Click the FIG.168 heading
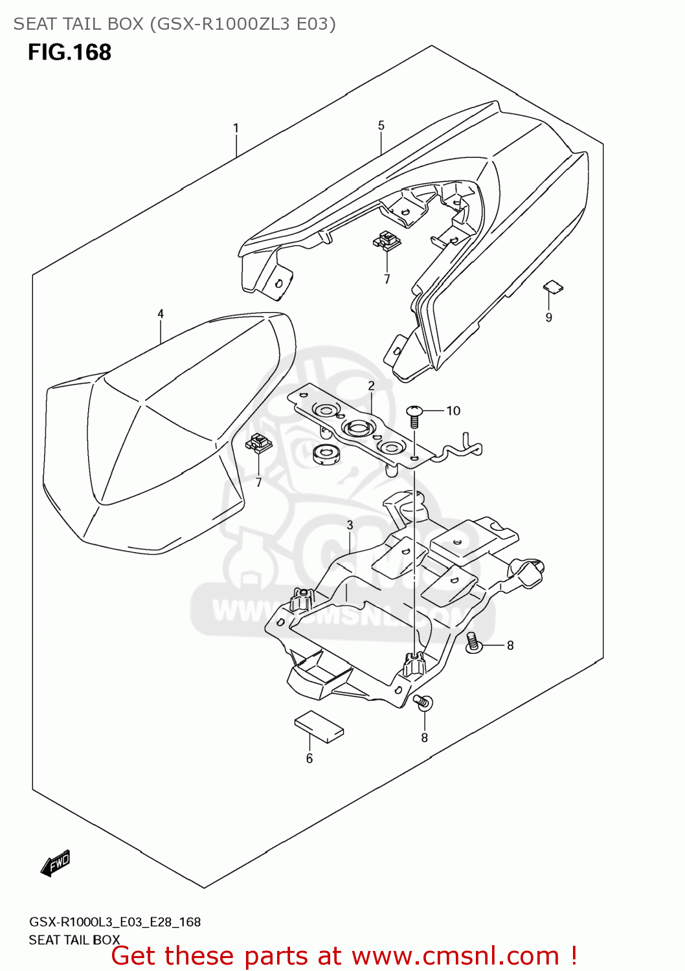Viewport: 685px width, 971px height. click(69, 52)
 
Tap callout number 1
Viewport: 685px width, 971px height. click(236, 128)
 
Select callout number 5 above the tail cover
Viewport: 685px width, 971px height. click(381, 126)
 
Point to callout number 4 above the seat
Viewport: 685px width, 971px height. click(161, 314)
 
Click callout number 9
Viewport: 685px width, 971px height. click(549, 317)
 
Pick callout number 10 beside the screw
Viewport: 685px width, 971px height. click(453, 410)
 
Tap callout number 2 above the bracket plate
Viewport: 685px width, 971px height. click(372, 386)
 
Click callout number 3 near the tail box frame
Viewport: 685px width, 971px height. click(350, 525)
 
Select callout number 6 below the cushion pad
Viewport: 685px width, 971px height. click(309, 758)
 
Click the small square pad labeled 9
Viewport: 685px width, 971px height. click(552, 286)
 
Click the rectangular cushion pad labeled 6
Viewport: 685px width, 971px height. click(319, 726)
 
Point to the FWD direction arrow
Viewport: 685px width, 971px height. click(55, 864)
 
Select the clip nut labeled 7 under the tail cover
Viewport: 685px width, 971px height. click(387, 241)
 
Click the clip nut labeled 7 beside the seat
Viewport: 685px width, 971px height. click(259, 443)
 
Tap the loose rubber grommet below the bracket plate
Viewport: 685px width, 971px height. click(326, 454)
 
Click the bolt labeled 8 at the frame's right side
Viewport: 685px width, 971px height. click(474, 643)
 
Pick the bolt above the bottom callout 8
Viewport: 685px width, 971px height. click(423, 702)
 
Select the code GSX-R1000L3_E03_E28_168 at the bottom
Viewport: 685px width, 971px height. click(115, 922)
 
